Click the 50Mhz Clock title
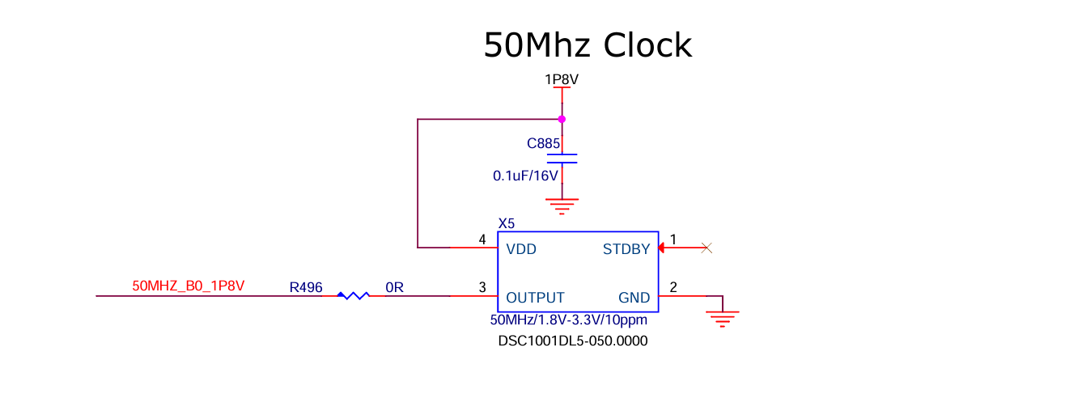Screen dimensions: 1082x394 pyautogui.click(x=588, y=45)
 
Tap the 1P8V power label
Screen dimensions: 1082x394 pyautogui.click(x=562, y=79)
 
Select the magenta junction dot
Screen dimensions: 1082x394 pyautogui.click(x=562, y=119)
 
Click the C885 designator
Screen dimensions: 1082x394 pyautogui.click(x=543, y=143)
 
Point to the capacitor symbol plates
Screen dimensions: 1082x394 pyautogui.click(x=562, y=159)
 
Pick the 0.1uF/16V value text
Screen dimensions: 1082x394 pyautogui.click(x=525, y=176)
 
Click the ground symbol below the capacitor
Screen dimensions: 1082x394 pyautogui.click(x=562, y=206)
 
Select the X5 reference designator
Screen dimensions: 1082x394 pyautogui.click(x=507, y=223)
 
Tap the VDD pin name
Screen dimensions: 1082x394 pyautogui.click(x=521, y=249)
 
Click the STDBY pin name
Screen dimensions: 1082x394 pyautogui.click(x=626, y=249)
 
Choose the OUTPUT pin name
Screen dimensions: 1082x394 pyautogui.click(x=535, y=298)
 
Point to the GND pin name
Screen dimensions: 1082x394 pyautogui.click(x=634, y=298)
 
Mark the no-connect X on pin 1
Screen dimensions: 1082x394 pyautogui.click(x=706, y=248)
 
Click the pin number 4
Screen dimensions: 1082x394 pyautogui.click(x=482, y=239)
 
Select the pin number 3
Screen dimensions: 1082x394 pyautogui.click(x=482, y=287)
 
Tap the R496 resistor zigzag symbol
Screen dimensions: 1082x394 pyautogui.click(x=353, y=295)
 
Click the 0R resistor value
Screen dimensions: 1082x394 pyautogui.click(x=394, y=288)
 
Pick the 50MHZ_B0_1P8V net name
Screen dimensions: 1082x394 pyautogui.click(x=189, y=286)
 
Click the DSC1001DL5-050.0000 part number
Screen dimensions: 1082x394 pyautogui.click(x=573, y=341)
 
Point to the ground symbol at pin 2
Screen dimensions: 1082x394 pyautogui.click(x=723, y=319)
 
